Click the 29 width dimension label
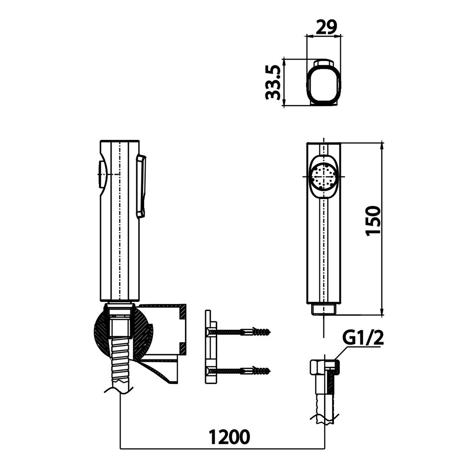[326, 27]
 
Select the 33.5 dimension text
[273, 82]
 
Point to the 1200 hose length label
[229, 437]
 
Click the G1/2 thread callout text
[363, 338]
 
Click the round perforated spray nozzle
[323, 177]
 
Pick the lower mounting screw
[240, 371]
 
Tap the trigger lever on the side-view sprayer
[141, 186]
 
